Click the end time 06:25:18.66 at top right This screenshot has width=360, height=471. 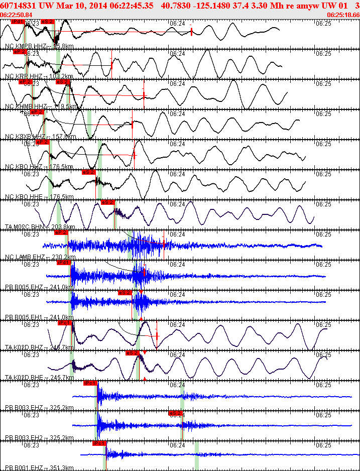tap(343, 15)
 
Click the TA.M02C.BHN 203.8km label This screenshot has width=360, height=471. tap(40, 227)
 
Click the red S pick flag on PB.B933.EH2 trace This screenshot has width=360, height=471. tap(175, 413)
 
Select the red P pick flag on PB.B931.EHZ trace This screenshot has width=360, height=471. tap(99, 443)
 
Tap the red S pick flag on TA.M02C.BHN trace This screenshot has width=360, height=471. tap(107, 202)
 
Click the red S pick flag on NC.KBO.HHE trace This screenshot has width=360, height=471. tap(88, 172)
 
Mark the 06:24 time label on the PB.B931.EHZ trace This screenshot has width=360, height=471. tap(177, 445)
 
